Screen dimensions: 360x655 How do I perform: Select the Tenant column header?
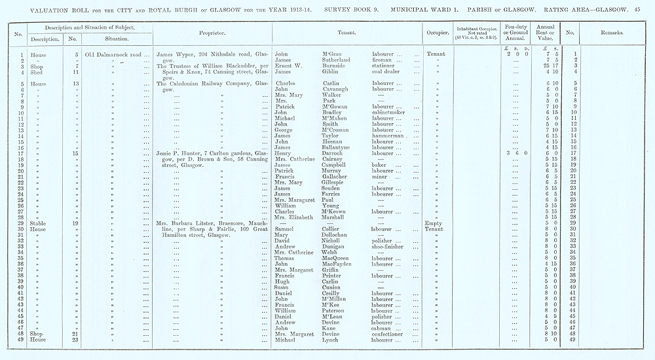pos(346,31)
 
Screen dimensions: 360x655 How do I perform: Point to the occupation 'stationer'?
pos(384,66)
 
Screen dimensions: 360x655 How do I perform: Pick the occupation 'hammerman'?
pos(388,136)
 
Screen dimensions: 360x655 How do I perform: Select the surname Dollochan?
pos(323,234)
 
